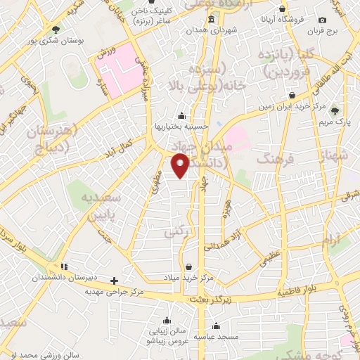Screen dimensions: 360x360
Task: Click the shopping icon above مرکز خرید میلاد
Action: [x=189, y=266]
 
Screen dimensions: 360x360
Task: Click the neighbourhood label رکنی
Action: [x=174, y=231]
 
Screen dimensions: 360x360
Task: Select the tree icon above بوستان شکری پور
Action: [x=56, y=29]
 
